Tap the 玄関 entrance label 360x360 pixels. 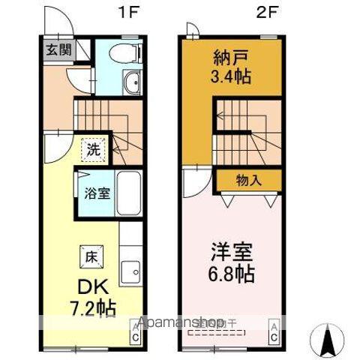point(58,50)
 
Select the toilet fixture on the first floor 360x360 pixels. point(119,52)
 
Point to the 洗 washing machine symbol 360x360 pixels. point(93,148)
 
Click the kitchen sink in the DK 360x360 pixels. point(132,268)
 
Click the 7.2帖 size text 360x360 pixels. point(92,308)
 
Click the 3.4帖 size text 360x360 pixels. point(231,76)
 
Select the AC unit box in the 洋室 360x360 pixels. point(275,331)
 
